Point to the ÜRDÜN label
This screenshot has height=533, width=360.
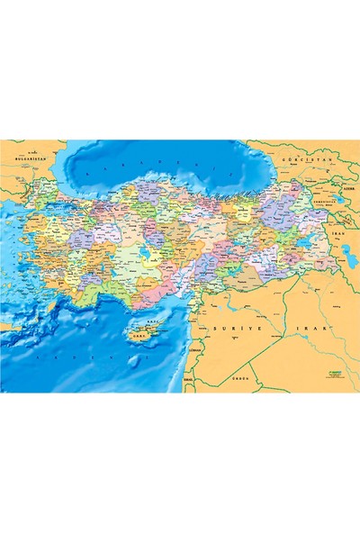click(x=238, y=380)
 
